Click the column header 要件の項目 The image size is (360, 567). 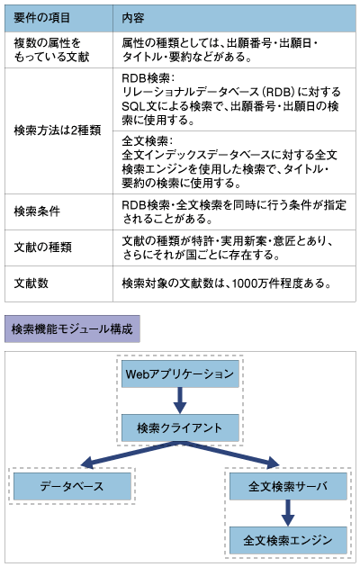(x=42, y=18)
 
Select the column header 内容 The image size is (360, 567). (x=133, y=18)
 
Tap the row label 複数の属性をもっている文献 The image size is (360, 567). (x=51, y=49)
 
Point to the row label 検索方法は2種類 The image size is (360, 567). (x=58, y=130)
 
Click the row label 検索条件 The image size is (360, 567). (x=37, y=211)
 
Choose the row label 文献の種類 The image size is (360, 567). (x=42, y=247)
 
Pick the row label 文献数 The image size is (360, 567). (x=31, y=283)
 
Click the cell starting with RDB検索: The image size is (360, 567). (x=231, y=99)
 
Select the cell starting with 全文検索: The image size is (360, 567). (x=229, y=162)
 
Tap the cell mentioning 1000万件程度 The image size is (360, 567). (x=227, y=283)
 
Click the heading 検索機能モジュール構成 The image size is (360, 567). (x=72, y=328)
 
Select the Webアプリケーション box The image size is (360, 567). (x=180, y=373)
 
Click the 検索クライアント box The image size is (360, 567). (x=180, y=428)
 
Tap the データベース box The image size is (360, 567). (x=72, y=486)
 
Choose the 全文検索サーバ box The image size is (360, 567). (x=288, y=486)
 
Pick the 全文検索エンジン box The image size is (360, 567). (x=288, y=541)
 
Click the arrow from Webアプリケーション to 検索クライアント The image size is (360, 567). (x=180, y=400)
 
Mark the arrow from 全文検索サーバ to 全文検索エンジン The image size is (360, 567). (x=288, y=513)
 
